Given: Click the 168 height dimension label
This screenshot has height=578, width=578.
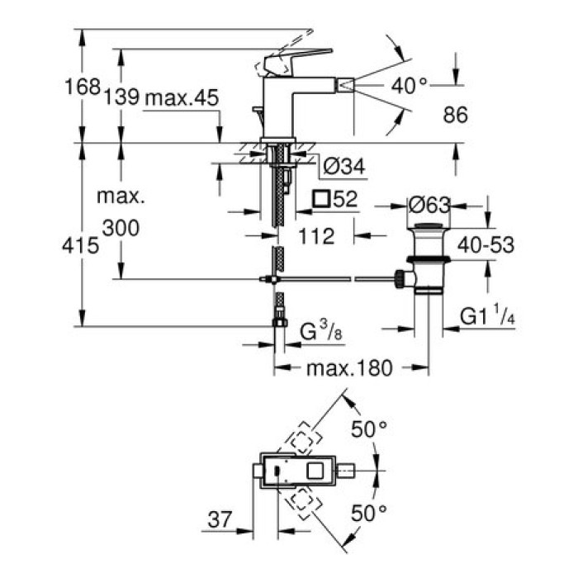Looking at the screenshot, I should point(83,87).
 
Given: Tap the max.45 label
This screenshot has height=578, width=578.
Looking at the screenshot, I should point(180,97).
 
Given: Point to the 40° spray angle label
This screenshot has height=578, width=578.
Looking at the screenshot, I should point(410,84).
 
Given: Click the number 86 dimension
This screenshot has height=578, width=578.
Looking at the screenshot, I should point(455,116).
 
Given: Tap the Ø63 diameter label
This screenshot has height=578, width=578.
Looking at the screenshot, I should point(429,203).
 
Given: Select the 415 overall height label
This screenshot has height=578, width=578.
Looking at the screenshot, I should point(83,244).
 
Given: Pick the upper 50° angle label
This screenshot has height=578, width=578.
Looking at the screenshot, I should point(369,429).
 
